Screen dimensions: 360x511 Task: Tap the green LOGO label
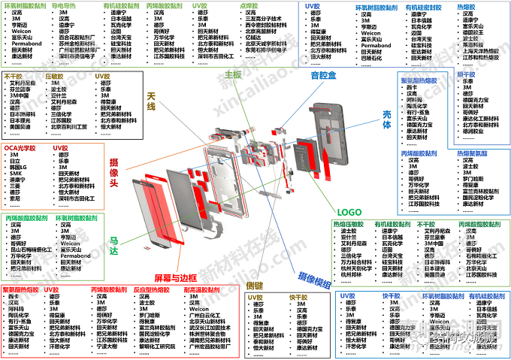(x=350, y=212)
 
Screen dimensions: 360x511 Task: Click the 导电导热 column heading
(x=68, y=5)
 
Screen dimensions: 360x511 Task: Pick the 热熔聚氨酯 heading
(x=476, y=153)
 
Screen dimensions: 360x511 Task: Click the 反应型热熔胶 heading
(x=150, y=289)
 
